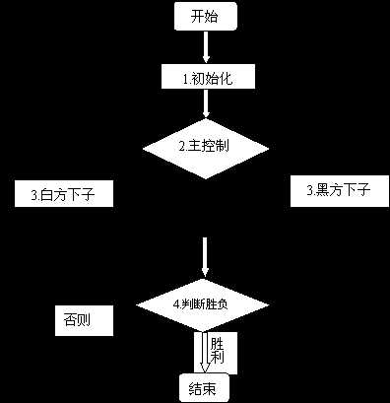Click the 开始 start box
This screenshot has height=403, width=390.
point(205,17)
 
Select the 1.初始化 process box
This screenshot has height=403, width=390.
point(205,77)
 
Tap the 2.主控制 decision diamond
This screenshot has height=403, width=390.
point(205,146)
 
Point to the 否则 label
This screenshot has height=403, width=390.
point(82,320)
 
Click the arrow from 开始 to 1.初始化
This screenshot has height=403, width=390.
point(205,46)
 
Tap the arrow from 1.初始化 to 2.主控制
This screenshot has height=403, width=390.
point(205,104)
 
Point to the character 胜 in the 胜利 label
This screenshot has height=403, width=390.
point(217,344)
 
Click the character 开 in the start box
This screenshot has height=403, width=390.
point(197,17)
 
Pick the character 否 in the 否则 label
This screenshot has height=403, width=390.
point(73,320)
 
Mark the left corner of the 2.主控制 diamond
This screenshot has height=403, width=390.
point(144,147)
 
